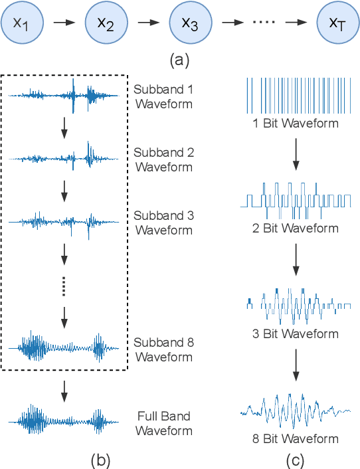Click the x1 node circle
tap(24, 23)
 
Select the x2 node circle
tap(106, 23)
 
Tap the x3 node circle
tap(189, 23)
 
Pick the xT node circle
tap(337, 23)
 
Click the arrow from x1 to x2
tap(64, 23)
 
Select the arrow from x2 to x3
tap(147, 23)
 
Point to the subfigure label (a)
tap(179, 60)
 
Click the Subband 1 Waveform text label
tap(163, 96)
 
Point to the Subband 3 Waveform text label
tap(163, 223)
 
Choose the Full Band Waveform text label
tap(163, 423)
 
